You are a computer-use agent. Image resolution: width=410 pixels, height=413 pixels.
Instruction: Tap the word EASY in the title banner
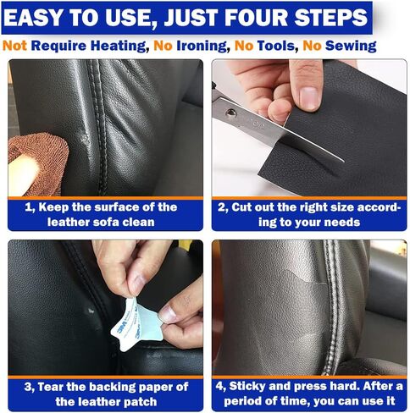(34, 18)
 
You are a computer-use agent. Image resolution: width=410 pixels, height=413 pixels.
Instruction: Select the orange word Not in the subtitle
(14, 46)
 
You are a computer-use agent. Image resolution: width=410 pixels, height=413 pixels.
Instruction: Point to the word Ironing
(202, 47)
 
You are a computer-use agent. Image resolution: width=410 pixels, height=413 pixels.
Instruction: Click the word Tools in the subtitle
(276, 46)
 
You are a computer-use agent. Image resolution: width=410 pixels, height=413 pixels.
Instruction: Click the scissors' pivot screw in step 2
(231, 113)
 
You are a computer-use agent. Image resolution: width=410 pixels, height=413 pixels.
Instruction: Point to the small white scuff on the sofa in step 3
(91, 311)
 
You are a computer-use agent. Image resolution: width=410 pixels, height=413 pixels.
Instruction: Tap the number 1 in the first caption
(28, 207)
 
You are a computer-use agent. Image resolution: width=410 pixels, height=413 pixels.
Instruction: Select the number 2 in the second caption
(221, 207)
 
